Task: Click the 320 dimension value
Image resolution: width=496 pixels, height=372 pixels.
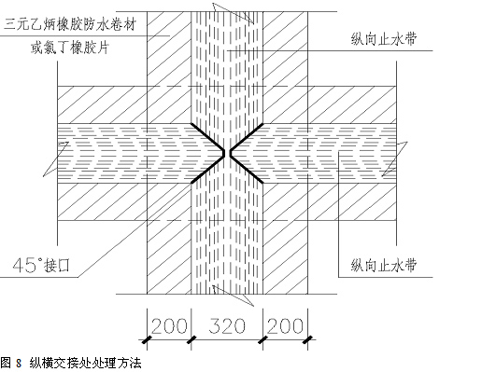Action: coord(227,326)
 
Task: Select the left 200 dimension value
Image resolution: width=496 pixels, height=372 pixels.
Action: coord(169,326)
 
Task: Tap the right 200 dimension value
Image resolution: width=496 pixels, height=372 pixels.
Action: coord(285,326)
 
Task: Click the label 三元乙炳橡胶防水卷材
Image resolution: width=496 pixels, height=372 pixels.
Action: coord(70,24)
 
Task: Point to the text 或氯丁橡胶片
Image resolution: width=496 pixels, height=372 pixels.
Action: coord(70,48)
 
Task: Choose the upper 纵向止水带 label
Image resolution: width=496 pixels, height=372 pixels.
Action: coord(384,39)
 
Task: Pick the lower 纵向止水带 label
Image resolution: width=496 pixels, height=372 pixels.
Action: coord(384,265)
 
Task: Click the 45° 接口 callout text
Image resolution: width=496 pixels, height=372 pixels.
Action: coord(41,266)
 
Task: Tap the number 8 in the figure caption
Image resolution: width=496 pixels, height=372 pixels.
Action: coord(19,364)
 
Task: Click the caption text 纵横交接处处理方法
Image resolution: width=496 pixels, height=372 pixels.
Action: coord(85,364)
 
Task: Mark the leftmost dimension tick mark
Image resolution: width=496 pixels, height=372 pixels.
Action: coord(147,340)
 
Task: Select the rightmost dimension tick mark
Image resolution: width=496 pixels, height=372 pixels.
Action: coord(308,340)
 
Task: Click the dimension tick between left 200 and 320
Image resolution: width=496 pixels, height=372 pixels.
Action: coord(191,340)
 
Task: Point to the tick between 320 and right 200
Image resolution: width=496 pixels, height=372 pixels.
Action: coord(262,340)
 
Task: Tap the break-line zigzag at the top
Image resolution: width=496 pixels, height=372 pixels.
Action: coord(234,13)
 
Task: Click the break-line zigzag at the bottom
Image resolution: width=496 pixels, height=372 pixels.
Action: coord(234,296)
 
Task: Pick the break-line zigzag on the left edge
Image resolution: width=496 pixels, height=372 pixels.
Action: coord(56,159)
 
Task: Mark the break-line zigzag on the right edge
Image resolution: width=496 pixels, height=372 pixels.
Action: coord(395,159)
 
